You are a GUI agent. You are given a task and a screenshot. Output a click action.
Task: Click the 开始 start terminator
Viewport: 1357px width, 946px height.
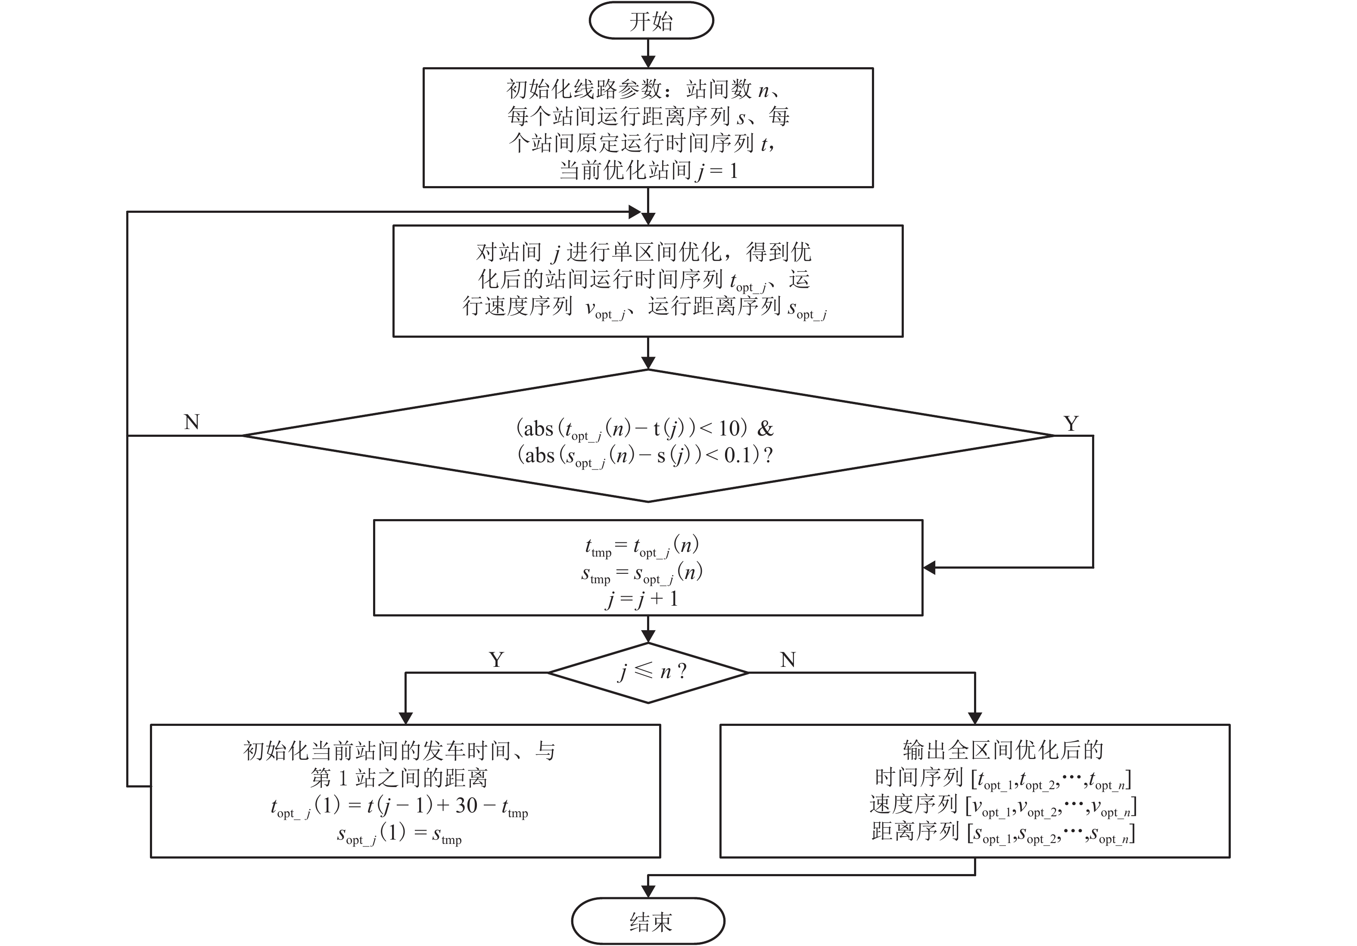651,21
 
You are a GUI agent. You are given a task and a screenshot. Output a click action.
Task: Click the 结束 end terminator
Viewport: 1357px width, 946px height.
648,921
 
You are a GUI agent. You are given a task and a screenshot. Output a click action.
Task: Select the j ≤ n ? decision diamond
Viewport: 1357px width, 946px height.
648,672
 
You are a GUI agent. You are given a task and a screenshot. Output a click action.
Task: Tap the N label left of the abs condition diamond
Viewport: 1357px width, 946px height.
192,422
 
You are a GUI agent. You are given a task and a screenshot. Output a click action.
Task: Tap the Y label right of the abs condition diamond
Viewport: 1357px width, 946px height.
1071,423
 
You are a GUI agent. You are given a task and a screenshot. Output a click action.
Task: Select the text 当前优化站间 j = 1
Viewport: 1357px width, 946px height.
648,171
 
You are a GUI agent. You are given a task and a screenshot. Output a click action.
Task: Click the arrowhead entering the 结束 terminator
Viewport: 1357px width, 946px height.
648,892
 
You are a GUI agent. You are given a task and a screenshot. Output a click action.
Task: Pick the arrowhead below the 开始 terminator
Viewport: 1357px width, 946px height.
648,62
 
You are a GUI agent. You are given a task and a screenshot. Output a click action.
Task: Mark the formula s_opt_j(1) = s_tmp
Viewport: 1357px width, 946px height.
399,834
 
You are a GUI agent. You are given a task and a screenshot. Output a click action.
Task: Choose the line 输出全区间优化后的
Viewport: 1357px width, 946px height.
1002,750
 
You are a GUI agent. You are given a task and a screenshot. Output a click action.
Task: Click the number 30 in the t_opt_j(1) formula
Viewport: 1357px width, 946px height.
466,806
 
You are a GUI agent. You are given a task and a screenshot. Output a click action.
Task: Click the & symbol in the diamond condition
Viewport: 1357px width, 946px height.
766,428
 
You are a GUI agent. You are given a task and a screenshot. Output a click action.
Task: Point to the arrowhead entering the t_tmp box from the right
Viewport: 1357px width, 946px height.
930,568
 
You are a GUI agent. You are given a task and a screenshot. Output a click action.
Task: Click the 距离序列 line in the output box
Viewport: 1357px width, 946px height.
1002,832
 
